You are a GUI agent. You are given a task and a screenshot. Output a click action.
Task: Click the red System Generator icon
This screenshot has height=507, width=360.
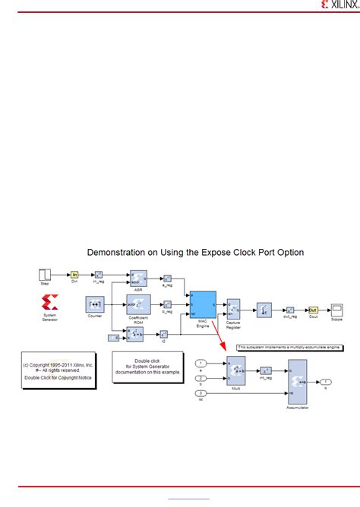51,302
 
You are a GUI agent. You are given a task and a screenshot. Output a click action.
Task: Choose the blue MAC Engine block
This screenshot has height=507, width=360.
202,305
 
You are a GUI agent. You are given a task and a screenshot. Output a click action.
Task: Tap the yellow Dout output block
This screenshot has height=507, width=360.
313,310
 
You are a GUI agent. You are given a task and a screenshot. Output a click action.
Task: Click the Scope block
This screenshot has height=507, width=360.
336,310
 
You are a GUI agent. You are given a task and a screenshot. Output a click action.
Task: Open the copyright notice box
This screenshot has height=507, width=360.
58,369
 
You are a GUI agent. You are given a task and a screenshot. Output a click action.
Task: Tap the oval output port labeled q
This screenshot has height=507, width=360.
325,381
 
